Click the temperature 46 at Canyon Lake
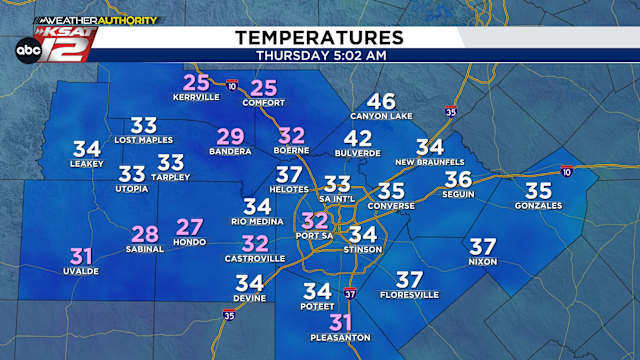click(x=381, y=101)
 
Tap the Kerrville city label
click(x=197, y=99)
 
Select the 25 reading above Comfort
click(x=263, y=87)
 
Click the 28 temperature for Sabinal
click(x=145, y=234)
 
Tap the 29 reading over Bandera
click(x=230, y=137)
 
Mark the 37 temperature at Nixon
click(x=483, y=245)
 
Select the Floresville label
click(x=409, y=295)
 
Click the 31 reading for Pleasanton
click(x=342, y=322)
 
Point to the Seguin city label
click(x=458, y=195)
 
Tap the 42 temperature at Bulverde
click(x=357, y=138)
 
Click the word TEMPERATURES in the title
click(x=319, y=37)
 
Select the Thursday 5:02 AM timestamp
click(x=319, y=55)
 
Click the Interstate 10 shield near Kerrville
click(x=231, y=85)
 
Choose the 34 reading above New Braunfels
click(x=429, y=146)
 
